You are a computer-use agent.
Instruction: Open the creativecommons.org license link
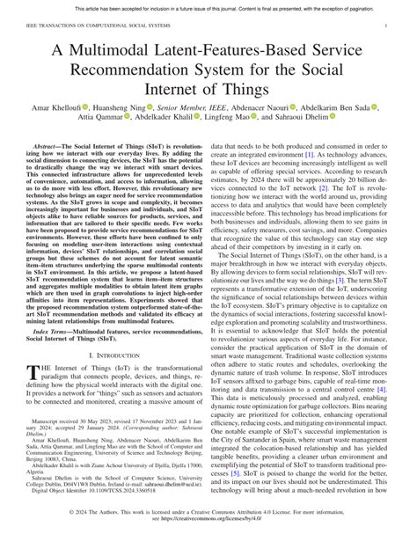tap(208, 545)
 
